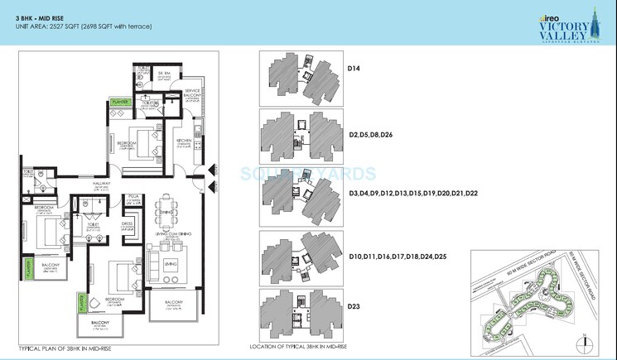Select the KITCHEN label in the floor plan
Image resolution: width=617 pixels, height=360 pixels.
[185, 141]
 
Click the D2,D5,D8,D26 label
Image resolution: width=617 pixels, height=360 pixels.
[370, 133]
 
